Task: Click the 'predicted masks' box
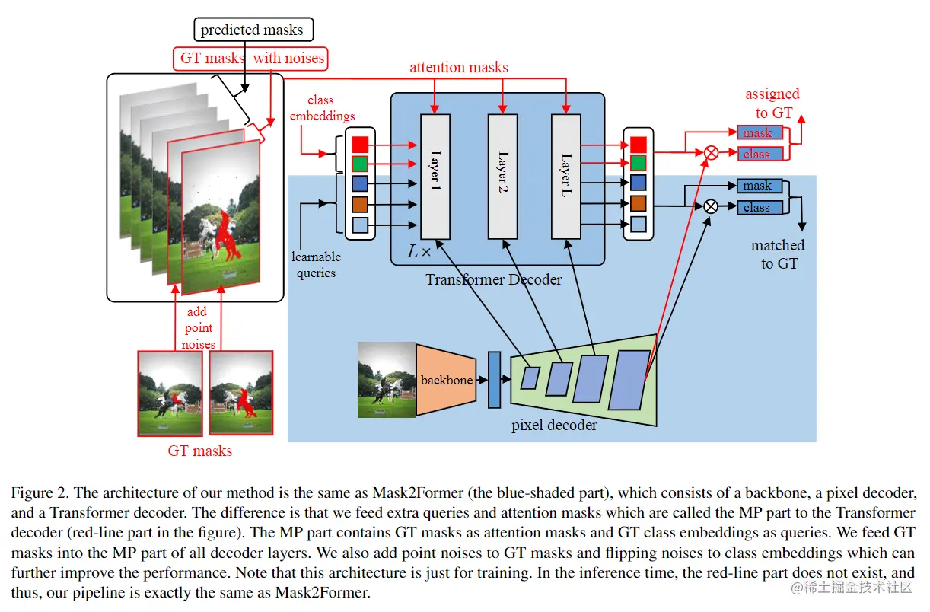point(252,30)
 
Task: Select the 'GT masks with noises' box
point(252,58)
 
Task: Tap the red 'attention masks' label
point(459,67)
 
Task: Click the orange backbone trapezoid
point(447,380)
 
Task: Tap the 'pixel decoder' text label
point(554,425)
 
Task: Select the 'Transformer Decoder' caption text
point(493,279)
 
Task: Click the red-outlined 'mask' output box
point(759,133)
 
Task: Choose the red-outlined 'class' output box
point(759,154)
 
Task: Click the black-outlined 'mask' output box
point(759,186)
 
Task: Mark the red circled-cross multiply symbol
point(711,153)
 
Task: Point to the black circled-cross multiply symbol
point(711,206)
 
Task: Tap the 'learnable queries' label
point(317,265)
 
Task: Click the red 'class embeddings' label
point(322,108)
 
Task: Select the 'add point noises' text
point(199,328)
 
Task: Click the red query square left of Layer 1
point(361,143)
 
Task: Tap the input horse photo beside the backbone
point(387,380)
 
